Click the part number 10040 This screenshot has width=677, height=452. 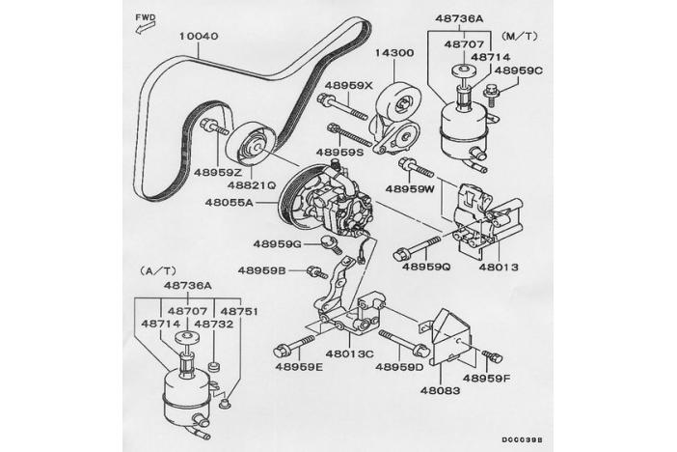[199, 37]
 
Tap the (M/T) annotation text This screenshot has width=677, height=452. [521, 36]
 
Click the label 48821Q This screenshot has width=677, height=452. [252, 184]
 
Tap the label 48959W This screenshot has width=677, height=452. [412, 189]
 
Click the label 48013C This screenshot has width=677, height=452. [349, 353]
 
